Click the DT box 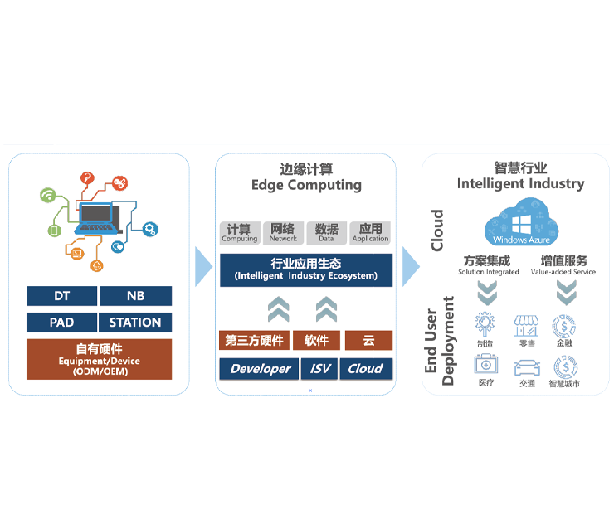62,296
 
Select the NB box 135,296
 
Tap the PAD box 62,323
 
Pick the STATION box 135,323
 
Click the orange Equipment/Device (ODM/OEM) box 99,359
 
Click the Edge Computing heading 306,177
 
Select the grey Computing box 240,232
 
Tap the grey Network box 283,232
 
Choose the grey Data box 327,232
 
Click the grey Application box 370,232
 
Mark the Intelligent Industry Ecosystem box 306,269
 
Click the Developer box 261,369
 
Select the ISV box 316,369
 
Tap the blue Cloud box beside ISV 365,369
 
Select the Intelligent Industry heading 520,176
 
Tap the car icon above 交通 527,366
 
